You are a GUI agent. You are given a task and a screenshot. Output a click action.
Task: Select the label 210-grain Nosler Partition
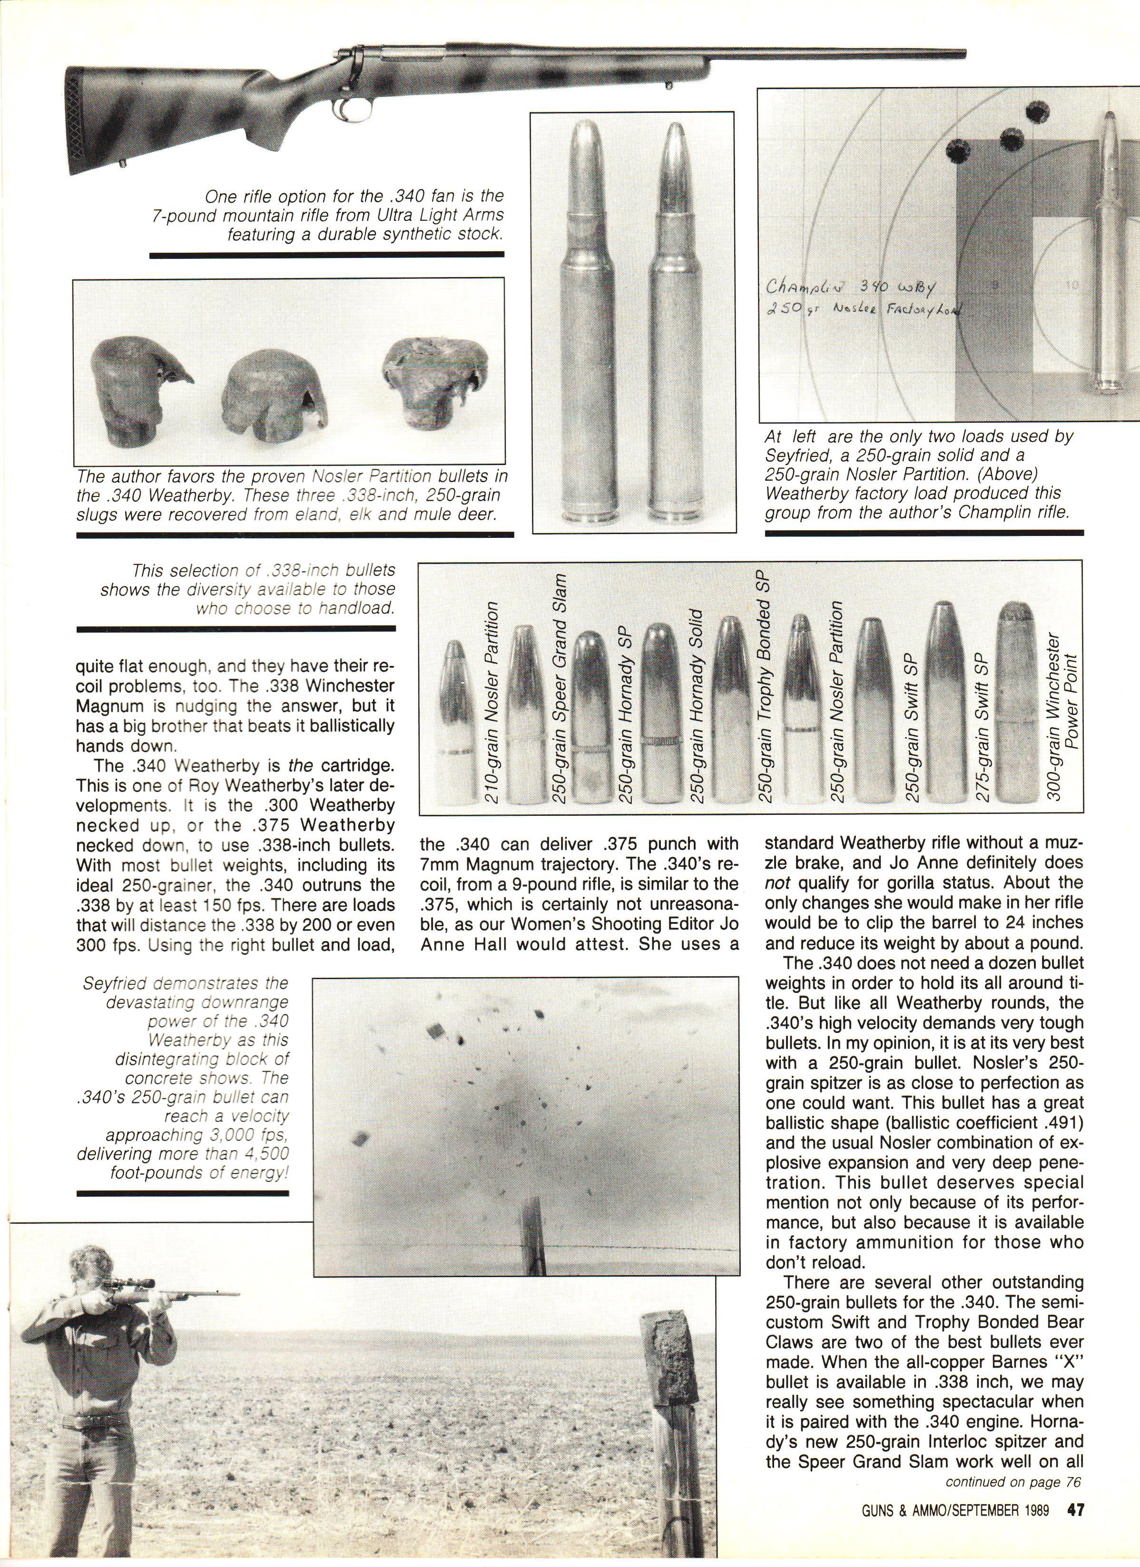click(x=491, y=702)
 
